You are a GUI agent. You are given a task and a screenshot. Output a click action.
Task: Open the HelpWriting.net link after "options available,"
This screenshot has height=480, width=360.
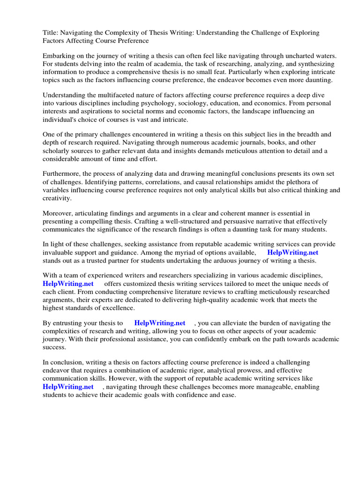point(292,252)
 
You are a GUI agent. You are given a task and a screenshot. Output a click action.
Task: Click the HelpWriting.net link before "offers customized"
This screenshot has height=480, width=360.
point(68,284)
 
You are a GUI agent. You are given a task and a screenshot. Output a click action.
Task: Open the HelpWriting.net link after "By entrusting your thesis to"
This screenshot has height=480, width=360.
point(159,323)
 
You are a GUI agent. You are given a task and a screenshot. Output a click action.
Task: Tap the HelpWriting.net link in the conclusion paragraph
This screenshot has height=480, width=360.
point(68,387)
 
